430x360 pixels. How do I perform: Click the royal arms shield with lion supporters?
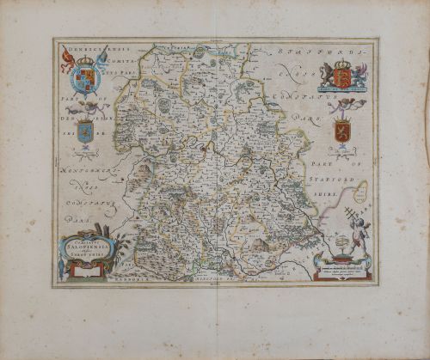[x=341, y=79]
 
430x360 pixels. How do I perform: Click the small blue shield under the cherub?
[x=84, y=132]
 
